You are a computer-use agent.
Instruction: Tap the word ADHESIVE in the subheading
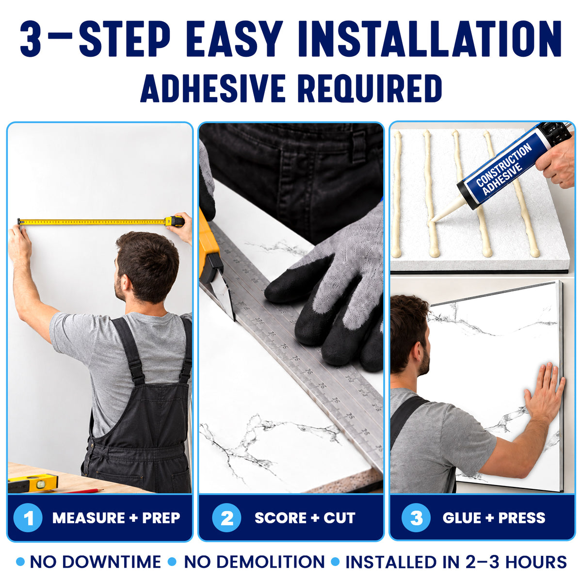(213, 88)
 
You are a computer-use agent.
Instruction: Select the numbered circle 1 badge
(28, 517)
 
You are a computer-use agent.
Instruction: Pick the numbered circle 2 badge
(226, 517)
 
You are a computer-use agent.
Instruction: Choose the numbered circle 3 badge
(416, 517)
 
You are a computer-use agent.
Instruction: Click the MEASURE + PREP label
(116, 517)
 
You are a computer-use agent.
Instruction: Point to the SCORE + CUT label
(305, 517)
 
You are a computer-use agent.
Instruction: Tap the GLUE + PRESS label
(494, 517)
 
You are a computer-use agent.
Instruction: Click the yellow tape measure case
(175, 222)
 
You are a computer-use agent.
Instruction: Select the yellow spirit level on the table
(32, 482)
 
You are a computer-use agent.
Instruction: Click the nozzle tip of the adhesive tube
(432, 223)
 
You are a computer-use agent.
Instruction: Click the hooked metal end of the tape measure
(19, 222)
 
